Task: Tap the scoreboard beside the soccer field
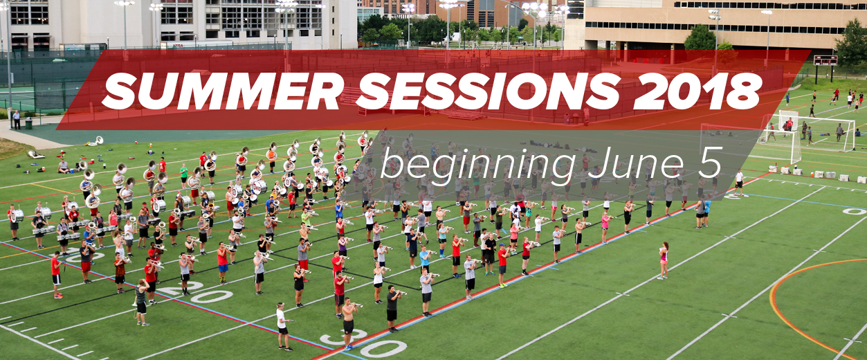coord(825,61)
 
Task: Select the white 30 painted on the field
coord(363,343)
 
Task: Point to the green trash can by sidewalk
coord(29,123)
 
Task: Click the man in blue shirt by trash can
coord(17,119)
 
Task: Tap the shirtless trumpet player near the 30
coord(349,323)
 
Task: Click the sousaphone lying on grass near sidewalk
coord(95,141)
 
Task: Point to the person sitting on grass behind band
coord(64,166)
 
